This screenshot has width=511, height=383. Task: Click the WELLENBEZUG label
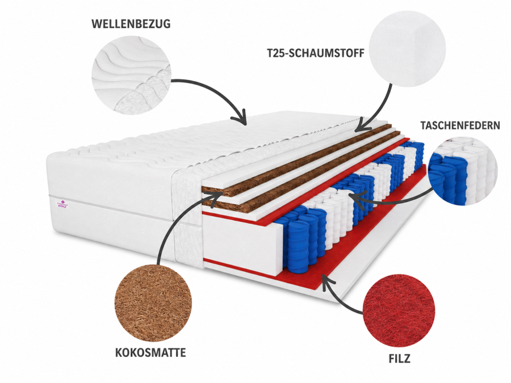[131, 24]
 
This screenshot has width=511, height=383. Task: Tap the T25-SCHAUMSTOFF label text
[316, 53]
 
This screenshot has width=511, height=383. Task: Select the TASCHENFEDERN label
[460, 125]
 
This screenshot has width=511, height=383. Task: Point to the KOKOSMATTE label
[150, 352]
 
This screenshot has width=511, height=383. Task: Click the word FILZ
[399, 358]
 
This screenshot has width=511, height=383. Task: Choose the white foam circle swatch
[407, 49]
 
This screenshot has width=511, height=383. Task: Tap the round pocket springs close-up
[463, 171]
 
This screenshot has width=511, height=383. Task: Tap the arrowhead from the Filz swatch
[327, 282]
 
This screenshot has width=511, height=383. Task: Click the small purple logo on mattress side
[63, 204]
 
